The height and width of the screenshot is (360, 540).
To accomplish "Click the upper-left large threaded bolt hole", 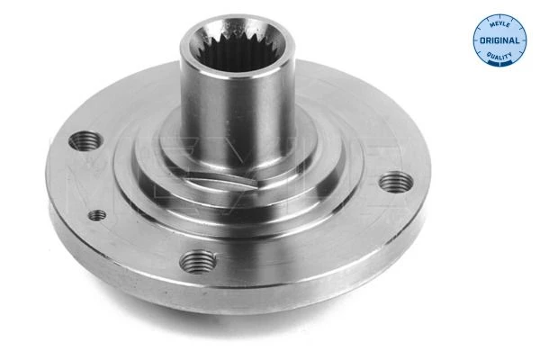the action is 86,140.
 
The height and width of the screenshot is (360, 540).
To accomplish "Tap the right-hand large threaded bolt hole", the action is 396,182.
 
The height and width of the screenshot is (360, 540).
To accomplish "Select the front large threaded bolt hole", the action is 198,262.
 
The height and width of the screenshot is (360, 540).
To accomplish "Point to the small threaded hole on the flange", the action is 97,215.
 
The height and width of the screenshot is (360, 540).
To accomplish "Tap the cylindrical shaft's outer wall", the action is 238,113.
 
